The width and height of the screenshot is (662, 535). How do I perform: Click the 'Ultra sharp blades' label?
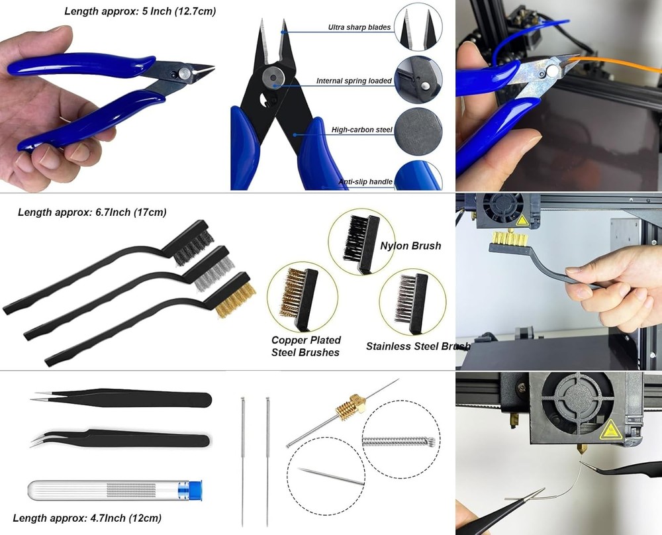[359, 28]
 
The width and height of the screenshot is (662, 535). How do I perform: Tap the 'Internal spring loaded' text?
[354, 81]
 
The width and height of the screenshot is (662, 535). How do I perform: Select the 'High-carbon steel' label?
[362, 130]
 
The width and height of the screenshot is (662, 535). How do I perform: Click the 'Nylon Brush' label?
[410, 246]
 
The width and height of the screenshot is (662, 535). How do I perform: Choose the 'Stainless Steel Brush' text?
[418, 346]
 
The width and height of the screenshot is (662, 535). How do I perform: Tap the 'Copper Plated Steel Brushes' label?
[305, 346]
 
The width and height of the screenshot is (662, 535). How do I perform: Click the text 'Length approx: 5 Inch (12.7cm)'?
[140, 11]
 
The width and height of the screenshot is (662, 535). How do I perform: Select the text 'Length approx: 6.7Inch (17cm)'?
[92, 213]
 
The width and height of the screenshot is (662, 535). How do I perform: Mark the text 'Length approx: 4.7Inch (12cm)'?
[87, 518]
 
